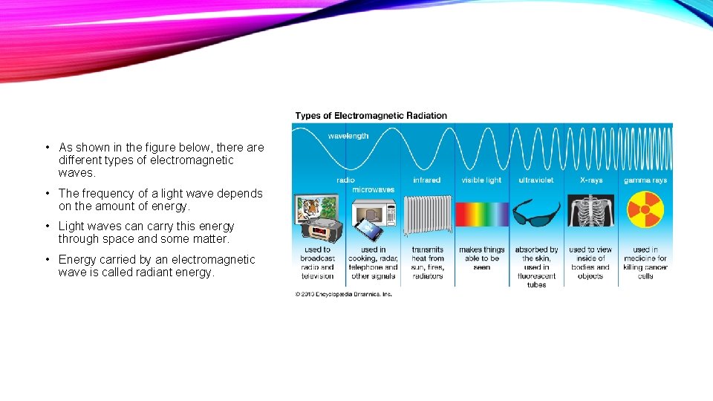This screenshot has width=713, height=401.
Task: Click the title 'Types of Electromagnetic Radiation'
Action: (x=371, y=116)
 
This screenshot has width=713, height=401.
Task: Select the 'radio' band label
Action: (x=345, y=180)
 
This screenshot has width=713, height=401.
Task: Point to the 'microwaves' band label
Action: (x=373, y=189)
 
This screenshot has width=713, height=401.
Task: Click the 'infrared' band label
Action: (x=426, y=180)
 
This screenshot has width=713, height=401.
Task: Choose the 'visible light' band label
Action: (x=481, y=180)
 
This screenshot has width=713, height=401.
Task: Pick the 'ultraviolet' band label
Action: (x=536, y=180)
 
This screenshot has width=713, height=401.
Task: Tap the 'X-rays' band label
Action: (x=590, y=180)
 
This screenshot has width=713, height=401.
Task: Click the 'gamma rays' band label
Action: (x=645, y=180)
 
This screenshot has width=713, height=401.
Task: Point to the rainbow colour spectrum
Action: (x=481, y=215)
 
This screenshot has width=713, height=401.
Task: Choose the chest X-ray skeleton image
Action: (x=590, y=212)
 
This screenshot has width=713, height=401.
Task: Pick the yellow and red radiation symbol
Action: (x=644, y=210)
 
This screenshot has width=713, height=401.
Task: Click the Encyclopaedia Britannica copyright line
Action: (x=343, y=294)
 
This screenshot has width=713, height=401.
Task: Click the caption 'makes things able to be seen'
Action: (x=481, y=258)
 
